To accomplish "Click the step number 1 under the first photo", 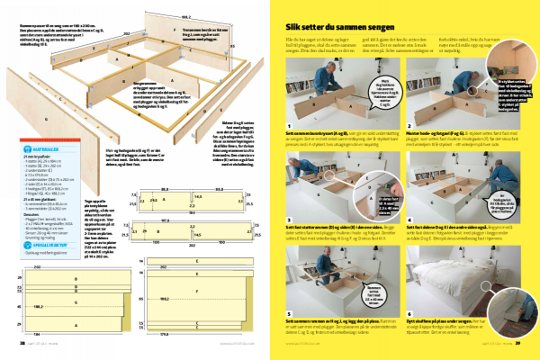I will [287, 126].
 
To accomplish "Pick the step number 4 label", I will [409, 216].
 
